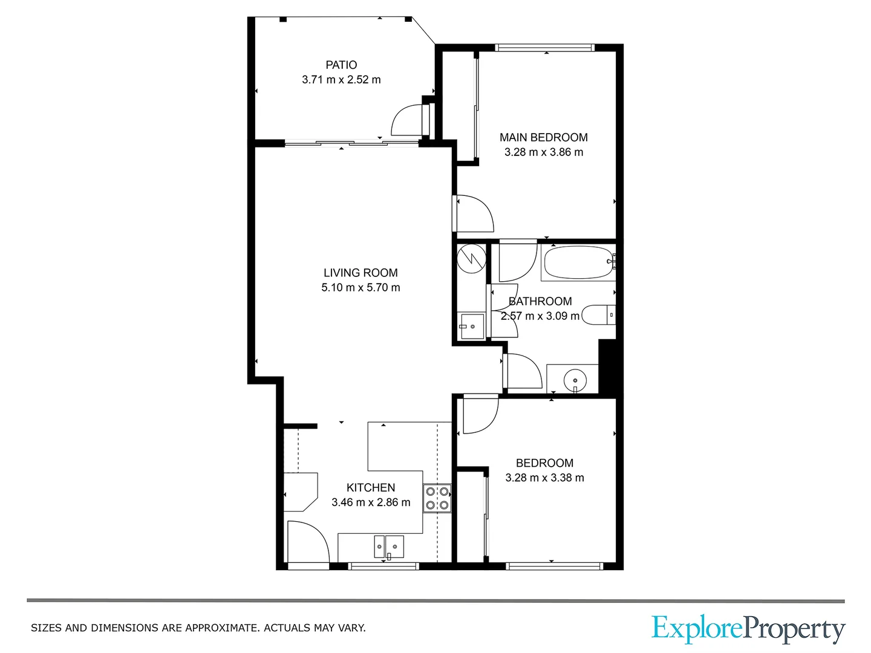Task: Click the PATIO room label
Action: click(341, 65)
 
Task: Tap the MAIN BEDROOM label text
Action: click(543, 137)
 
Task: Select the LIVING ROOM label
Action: click(360, 273)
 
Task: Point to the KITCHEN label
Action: click(370, 487)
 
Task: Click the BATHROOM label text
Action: click(540, 301)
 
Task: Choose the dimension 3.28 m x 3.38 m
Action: click(544, 478)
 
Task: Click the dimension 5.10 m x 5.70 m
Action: click(360, 288)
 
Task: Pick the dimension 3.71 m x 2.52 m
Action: click(341, 80)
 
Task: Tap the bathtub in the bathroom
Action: click(578, 262)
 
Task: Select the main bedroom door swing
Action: click(475, 213)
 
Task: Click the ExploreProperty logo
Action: click(748, 629)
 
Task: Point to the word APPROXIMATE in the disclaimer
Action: click(222, 628)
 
